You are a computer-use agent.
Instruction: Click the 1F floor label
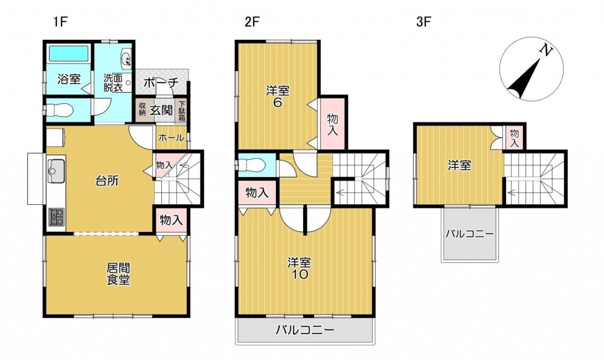60,22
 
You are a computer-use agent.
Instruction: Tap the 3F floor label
423,22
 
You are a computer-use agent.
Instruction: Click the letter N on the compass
545,50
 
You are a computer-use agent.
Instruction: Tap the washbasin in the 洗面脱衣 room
126,58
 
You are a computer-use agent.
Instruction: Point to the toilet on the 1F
60,111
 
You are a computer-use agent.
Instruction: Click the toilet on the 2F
251,165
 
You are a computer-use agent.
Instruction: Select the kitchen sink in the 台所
56,171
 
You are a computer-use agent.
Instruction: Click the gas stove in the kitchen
57,217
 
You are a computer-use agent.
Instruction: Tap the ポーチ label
161,83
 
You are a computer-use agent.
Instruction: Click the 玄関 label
161,111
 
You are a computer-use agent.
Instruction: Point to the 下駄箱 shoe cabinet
182,111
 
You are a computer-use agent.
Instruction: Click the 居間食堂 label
118,274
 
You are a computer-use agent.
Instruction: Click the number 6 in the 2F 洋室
277,103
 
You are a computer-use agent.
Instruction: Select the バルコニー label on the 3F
469,234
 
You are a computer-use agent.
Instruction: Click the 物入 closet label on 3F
515,138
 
